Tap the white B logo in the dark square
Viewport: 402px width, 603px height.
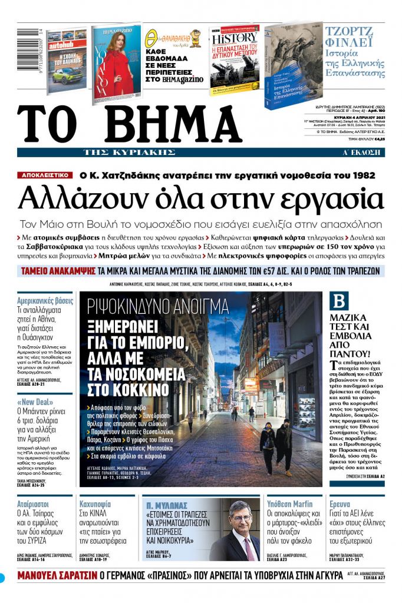pos(340,301)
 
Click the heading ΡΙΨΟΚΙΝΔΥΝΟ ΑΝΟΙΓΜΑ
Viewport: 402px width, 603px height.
pos(157,306)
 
